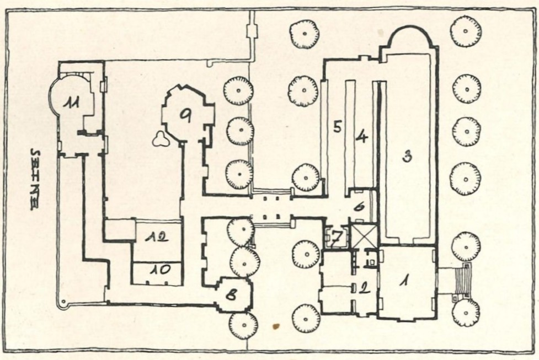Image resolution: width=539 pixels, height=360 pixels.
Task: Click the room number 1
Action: coord(404,281)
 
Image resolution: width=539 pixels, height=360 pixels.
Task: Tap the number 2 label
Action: coord(364,287)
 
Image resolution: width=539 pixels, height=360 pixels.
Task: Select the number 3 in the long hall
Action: coord(408,157)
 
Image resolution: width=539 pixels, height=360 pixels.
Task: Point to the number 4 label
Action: coord(361,136)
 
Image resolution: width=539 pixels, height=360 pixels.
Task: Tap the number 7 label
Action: coord(337,237)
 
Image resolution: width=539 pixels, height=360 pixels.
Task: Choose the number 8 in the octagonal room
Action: coord(232,294)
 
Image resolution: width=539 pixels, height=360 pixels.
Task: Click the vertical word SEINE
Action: coord(34,179)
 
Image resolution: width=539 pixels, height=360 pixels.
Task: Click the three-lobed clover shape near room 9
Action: coord(161,138)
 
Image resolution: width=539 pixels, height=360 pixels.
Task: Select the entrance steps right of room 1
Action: coord(461,281)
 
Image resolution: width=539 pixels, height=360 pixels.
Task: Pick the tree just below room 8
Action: coord(243,325)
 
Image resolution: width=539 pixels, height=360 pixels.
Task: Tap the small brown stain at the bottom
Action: coord(276,326)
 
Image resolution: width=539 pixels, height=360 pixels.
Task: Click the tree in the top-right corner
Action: coord(466,31)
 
